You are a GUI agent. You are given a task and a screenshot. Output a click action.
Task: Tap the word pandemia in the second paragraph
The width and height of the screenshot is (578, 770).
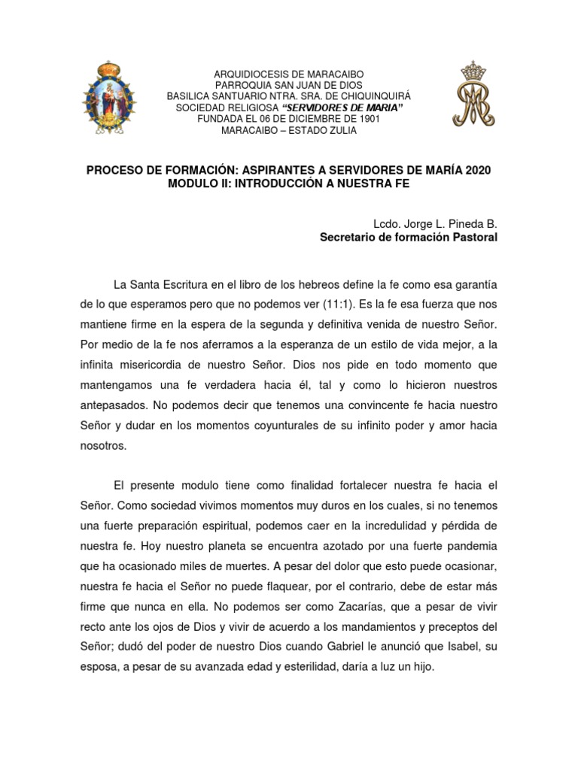pyautogui.click(x=474, y=544)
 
